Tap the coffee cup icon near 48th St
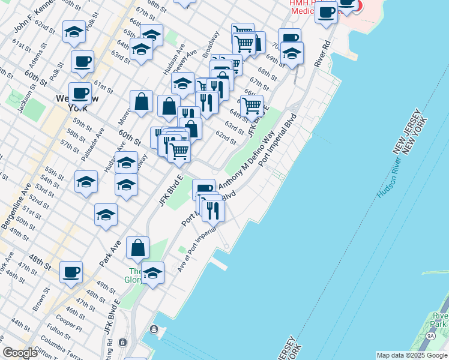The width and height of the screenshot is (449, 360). (x=71, y=271)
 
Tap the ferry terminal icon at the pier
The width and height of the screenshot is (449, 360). (x=155, y=329)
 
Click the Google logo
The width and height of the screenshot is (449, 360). (x=20, y=352)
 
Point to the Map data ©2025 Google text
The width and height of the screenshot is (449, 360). (x=411, y=355)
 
